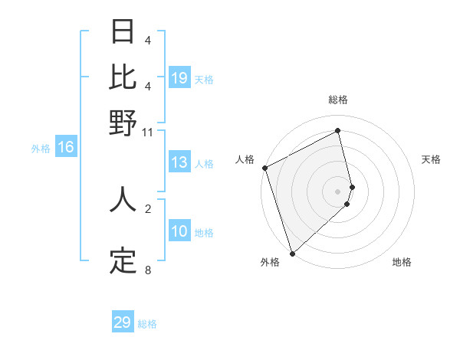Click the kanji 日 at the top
click(x=123, y=33)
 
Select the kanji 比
click(x=123, y=77)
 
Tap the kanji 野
click(x=123, y=123)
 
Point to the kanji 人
click(x=123, y=200)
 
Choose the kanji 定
click(x=123, y=261)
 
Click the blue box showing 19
click(x=179, y=78)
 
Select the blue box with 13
click(x=179, y=162)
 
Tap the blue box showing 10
click(x=179, y=231)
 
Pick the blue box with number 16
click(x=66, y=147)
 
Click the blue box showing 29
click(x=123, y=322)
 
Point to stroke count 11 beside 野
click(x=147, y=133)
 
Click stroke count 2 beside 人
click(x=147, y=208)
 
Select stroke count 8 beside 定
click(x=147, y=270)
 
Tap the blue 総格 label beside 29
click(x=147, y=324)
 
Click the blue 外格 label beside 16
click(x=40, y=149)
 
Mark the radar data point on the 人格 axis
click(x=264, y=168)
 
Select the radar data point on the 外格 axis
click(x=292, y=253)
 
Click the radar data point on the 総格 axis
click(x=338, y=130)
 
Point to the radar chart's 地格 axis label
click(x=402, y=263)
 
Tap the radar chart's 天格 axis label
click(x=431, y=159)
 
